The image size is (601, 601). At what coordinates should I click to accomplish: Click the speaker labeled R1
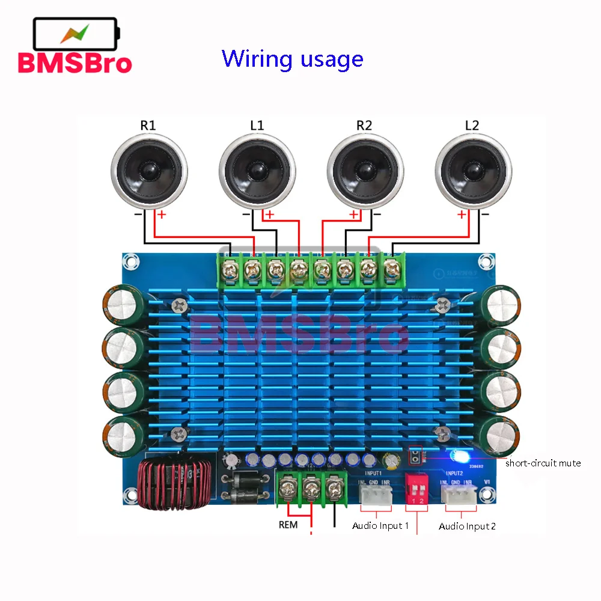click(148, 171)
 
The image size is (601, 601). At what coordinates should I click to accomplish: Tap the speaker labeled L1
click(257, 171)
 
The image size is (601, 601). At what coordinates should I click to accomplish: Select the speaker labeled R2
click(365, 171)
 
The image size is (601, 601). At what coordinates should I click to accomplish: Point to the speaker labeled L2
click(472, 171)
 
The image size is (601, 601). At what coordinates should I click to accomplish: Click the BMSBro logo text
click(75, 63)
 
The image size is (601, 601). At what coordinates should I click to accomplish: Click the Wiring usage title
click(292, 59)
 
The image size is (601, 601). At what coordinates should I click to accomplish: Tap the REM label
click(288, 524)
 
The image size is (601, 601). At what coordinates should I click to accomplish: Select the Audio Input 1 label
click(380, 526)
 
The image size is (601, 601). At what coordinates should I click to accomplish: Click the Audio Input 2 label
click(467, 526)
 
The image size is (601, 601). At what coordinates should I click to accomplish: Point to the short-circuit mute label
click(543, 463)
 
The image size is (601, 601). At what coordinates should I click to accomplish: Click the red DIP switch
click(416, 488)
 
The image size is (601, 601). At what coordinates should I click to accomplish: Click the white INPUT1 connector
click(375, 494)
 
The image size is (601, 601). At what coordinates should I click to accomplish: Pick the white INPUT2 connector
click(459, 494)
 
